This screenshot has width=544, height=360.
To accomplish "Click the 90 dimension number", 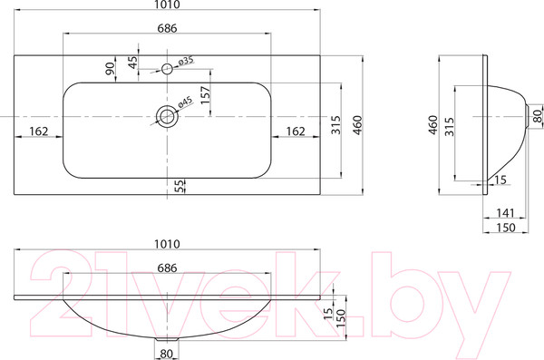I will click(110, 69).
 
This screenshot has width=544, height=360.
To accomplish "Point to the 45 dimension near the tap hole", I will click(133, 62).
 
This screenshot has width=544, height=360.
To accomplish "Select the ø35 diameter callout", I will click(184, 61).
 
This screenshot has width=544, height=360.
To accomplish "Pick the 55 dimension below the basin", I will click(180, 187).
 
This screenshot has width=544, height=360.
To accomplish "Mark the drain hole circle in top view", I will click(167, 114).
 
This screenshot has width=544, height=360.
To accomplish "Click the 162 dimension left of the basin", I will click(39, 131).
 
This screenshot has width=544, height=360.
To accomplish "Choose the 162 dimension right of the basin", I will click(295, 131).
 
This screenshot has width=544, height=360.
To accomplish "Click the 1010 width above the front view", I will click(167, 243).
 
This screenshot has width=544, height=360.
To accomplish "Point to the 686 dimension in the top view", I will click(167, 30).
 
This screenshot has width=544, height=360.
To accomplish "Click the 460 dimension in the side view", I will click(433, 124).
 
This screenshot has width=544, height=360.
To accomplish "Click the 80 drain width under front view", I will click(167, 353).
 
